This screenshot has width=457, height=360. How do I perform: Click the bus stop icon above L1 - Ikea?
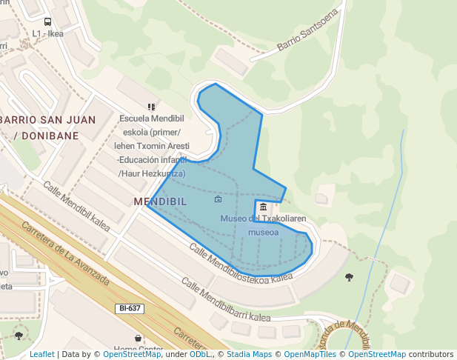coord(47,22)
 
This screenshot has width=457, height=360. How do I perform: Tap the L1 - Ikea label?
coord(47,33)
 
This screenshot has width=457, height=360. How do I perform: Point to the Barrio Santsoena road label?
coord(307,30)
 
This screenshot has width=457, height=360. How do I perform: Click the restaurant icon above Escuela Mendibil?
coord(152,107)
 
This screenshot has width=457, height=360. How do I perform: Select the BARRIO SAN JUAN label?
coord(48,119)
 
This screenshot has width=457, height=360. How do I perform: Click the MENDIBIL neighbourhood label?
coord(160,201)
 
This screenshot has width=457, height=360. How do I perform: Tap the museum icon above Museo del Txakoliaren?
coord(264,206)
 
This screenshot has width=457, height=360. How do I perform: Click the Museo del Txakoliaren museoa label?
coord(263,224)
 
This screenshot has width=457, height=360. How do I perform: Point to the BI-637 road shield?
coord(130,308)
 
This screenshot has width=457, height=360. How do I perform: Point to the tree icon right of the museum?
coord(349,277)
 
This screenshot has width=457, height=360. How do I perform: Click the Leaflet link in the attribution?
coord(41,355)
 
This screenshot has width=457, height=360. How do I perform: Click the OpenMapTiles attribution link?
coord(310,355)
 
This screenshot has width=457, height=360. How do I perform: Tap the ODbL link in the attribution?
coord(200,355)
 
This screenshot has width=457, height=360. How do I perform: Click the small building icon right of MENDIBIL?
coord(218,199)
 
